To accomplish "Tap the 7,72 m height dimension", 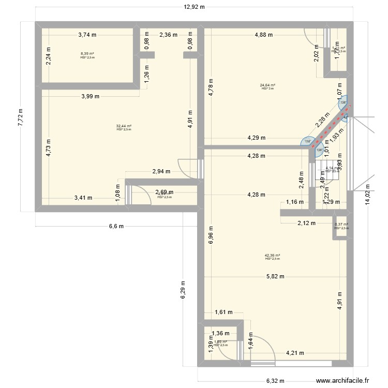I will [x=21, y=117].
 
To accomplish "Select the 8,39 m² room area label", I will [x=87, y=54].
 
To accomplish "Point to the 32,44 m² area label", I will [x=124, y=126].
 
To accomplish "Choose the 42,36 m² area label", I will [x=272, y=255].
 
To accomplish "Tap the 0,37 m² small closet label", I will [x=341, y=225].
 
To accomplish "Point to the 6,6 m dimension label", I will [x=115, y=226].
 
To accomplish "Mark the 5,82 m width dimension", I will [x=275, y=276].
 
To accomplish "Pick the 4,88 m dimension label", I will [x=263, y=35].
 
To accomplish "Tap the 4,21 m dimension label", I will [x=295, y=354].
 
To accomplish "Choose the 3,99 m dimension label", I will [x=91, y=96].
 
